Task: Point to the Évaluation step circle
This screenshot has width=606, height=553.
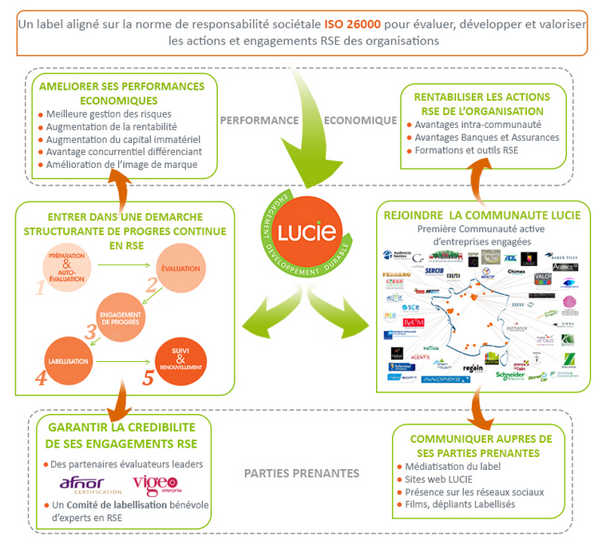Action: [180, 269]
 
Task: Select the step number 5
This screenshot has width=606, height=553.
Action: [148, 376]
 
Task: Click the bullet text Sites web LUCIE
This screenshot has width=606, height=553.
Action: [439, 479]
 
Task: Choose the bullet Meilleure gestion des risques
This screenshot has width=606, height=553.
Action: [109, 113]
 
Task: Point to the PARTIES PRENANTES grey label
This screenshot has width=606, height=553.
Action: [301, 473]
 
